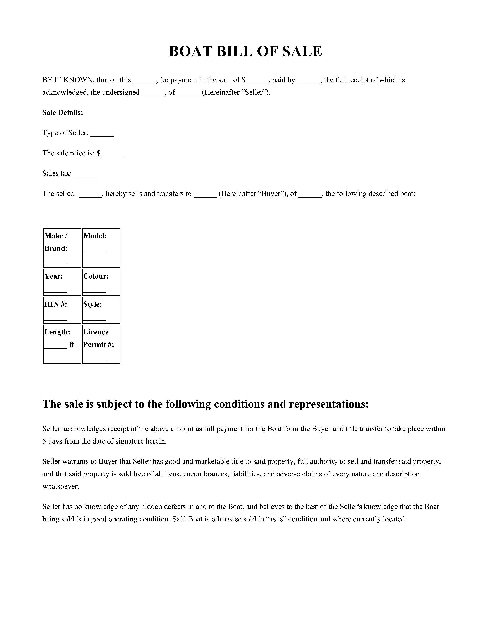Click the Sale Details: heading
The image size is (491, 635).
click(63, 113)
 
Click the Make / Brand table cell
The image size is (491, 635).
click(62, 248)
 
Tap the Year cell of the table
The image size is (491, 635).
click(62, 282)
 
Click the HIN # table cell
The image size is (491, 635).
click(62, 310)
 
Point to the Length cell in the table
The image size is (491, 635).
click(62, 344)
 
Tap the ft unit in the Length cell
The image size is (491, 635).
click(72, 345)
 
